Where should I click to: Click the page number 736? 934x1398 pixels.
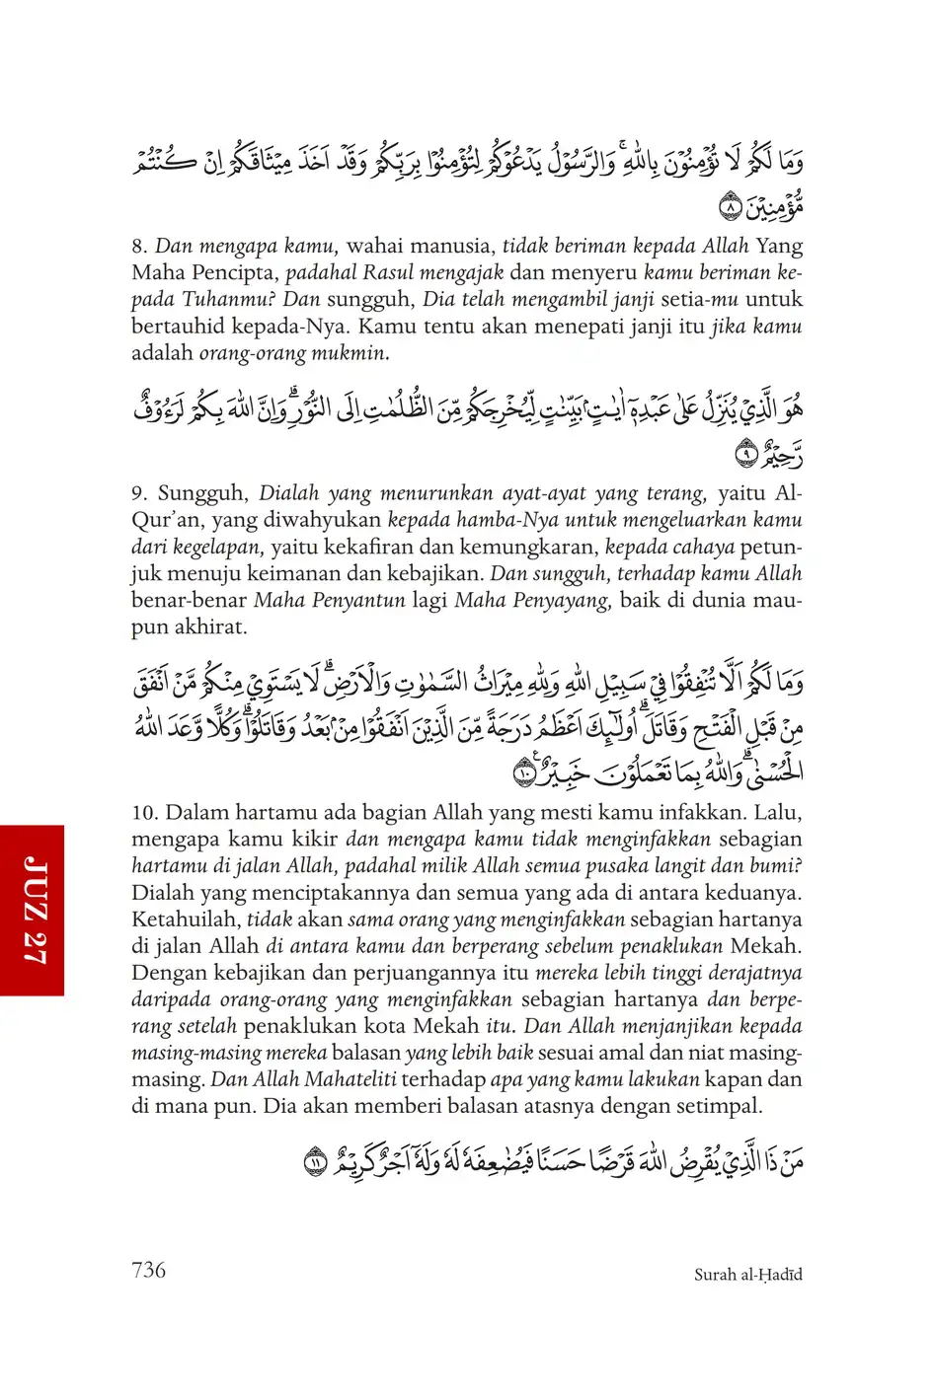pyautogui.click(x=148, y=1270)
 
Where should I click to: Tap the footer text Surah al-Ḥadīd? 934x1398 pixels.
pyautogui.click(x=747, y=1275)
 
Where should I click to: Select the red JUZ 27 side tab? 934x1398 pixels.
pyautogui.click(x=33, y=910)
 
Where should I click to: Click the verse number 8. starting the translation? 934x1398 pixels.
pyautogui.click(x=139, y=247)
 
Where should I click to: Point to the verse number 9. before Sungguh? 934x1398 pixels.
pyautogui.click(x=139, y=493)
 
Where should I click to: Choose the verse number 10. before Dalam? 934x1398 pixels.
pyautogui.click(x=144, y=813)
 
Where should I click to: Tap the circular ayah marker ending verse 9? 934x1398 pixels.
pyautogui.click(x=748, y=455)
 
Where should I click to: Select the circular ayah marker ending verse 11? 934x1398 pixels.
pyautogui.click(x=314, y=1163)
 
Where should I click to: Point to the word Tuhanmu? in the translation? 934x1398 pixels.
pyautogui.click(x=233, y=300)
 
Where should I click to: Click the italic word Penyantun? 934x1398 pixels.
pyautogui.click(x=329, y=600)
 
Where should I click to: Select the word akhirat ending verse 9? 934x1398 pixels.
pyautogui.click(x=213, y=627)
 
